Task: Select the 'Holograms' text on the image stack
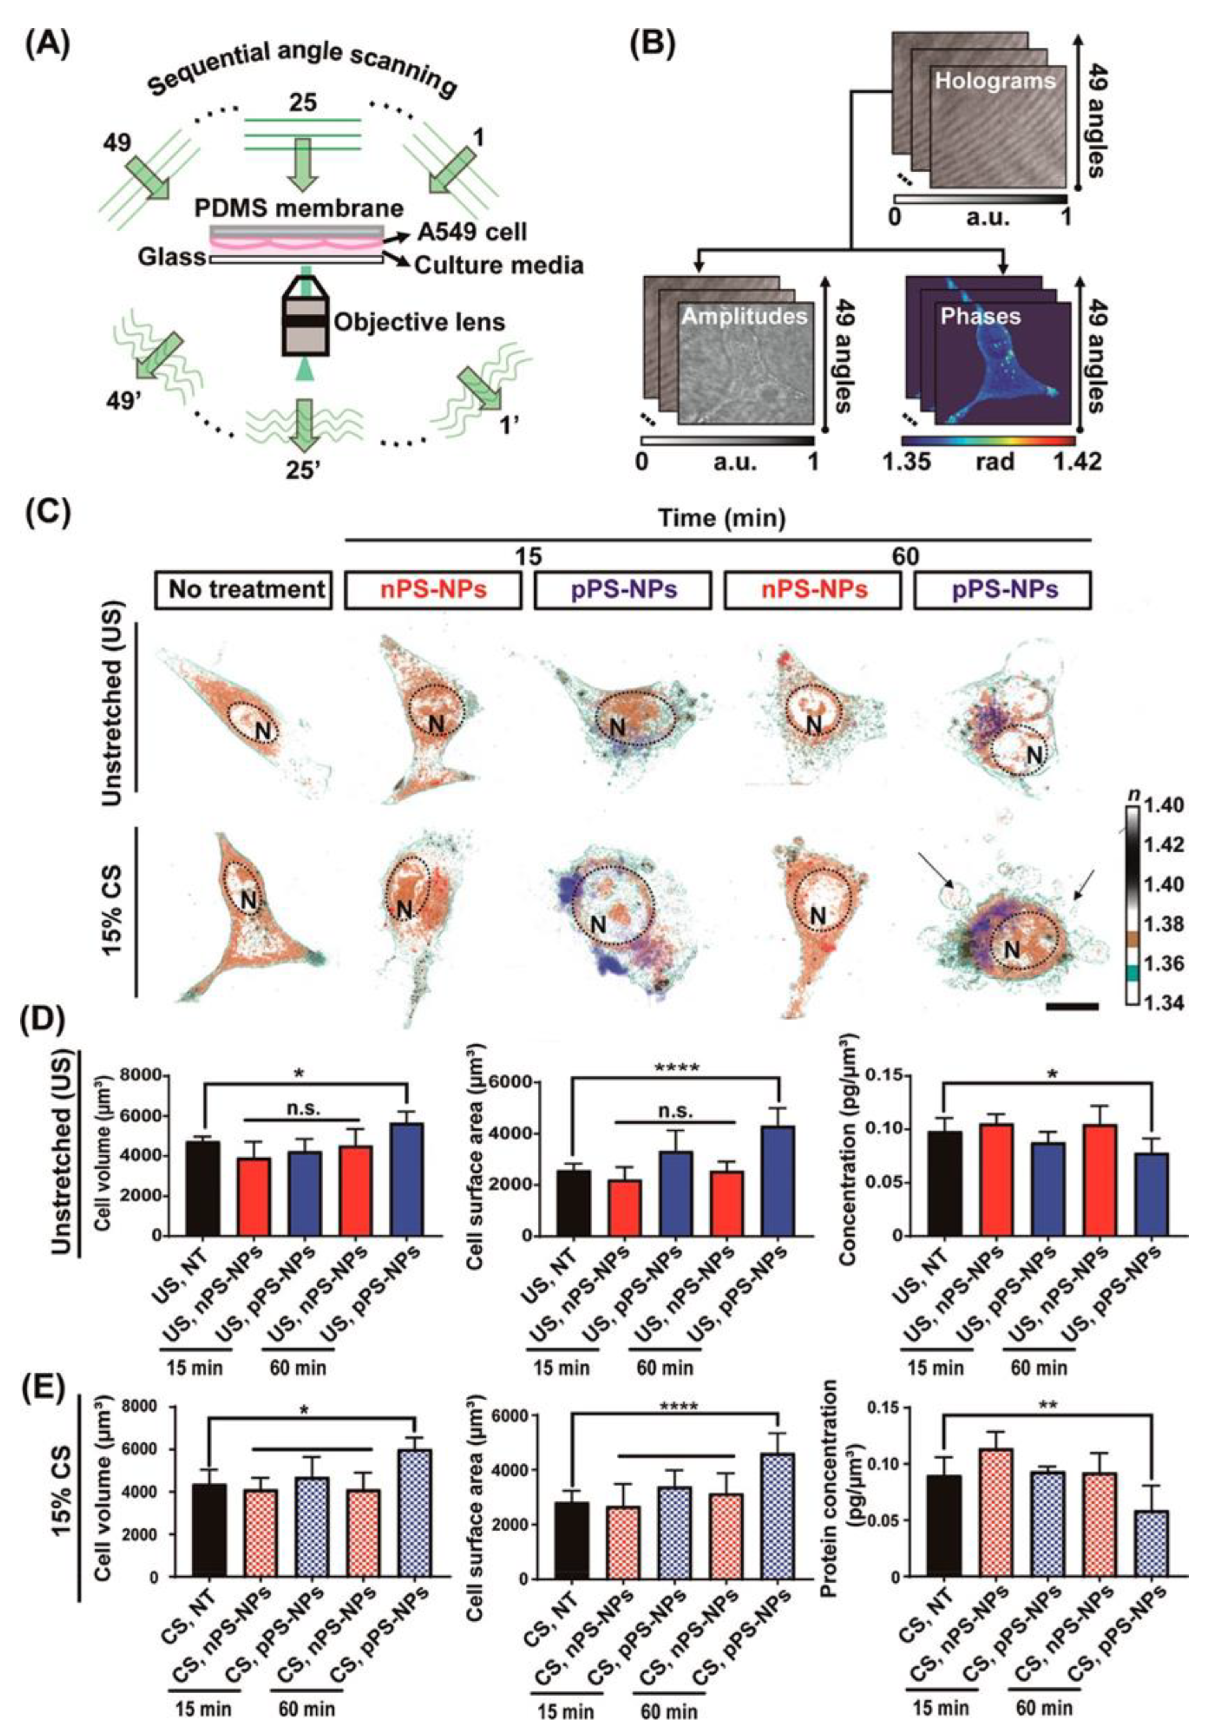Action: [994, 81]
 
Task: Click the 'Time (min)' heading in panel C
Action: [721, 518]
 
